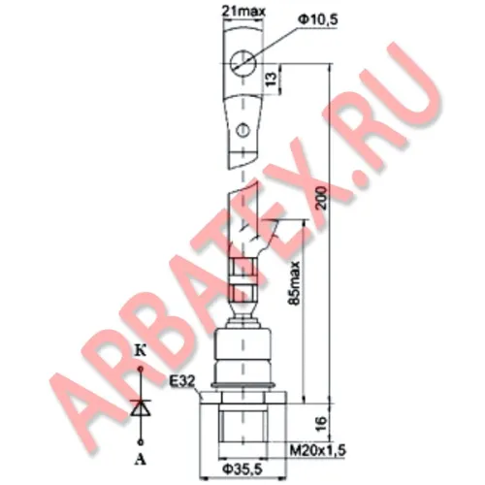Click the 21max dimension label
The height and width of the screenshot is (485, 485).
click(243, 12)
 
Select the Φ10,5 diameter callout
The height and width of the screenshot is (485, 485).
click(317, 20)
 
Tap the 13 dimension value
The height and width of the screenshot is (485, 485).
click(272, 80)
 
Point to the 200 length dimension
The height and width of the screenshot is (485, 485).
click(322, 198)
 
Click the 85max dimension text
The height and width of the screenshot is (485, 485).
click(295, 283)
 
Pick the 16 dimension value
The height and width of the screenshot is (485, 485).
click(321, 423)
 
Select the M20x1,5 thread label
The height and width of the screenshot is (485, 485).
click(317, 450)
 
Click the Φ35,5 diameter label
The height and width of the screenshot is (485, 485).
click(242, 469)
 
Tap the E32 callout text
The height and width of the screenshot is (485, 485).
click(182, 382)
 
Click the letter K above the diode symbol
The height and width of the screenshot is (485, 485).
click(141, 351)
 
